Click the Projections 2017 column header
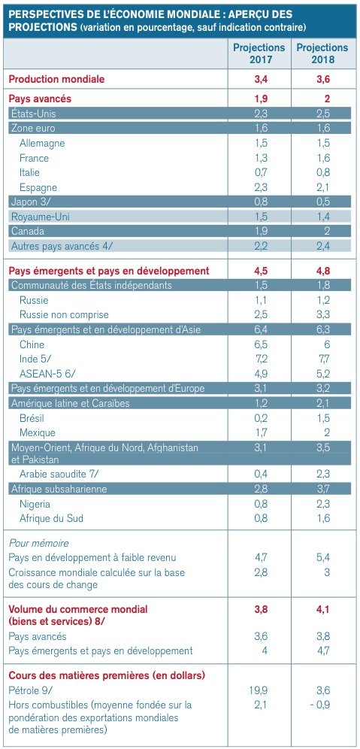[259, 53]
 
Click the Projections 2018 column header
[322, 53]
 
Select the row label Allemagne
[42, 144]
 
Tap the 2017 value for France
[260, 158]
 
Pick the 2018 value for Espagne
[323, 188]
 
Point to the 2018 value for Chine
[327, 345]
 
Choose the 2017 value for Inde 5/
[260, 359]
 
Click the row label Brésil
[32, 418]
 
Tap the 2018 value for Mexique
[327, 433]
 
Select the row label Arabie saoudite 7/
[60, 474]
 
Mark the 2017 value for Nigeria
[260, 504]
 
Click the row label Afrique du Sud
[52, 518]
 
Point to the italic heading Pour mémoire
[38, 543]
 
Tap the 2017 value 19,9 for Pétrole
[259, 690]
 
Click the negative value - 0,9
[319, 705]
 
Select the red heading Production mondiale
[57, 79]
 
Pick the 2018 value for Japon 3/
[323, 202]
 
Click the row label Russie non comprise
[64, 315]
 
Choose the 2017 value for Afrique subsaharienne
[260, 489]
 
